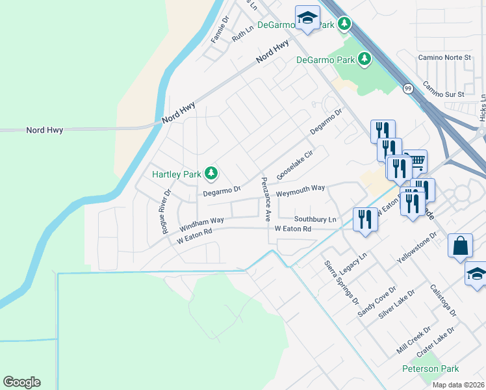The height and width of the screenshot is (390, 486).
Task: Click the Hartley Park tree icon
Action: [211, 174]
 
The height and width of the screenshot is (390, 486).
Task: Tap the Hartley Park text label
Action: [176, 174]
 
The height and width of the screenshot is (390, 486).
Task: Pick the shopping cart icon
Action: [416, 161]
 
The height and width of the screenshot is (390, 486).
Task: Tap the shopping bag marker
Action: [460, 246]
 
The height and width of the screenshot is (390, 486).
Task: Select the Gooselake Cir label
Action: [295, 164]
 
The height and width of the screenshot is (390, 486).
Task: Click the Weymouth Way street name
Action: [300, 188]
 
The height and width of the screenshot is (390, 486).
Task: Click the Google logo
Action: [21, 382]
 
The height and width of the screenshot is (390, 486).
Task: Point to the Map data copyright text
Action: [458, 385]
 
